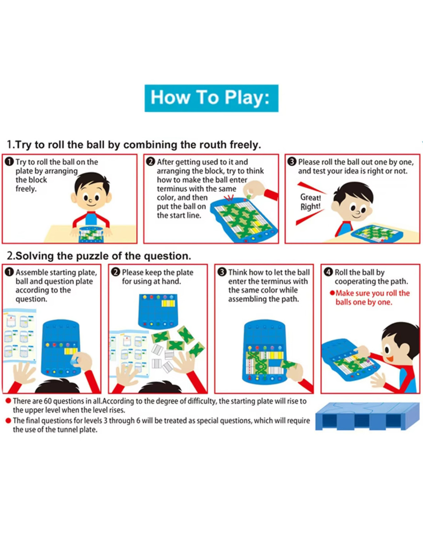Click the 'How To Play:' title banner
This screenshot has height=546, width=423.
point(211,98)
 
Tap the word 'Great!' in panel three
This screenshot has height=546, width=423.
point(310,197)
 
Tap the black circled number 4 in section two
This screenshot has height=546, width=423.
point(328,272)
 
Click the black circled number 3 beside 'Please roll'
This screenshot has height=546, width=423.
point(292,162)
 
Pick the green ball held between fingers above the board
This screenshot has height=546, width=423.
point(249,195)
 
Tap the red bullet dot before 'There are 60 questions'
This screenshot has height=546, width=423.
point(8,401)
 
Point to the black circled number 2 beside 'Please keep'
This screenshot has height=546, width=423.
point(116,272)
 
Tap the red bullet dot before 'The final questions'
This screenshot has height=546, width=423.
point(8,420)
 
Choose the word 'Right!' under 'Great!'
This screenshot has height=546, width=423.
point(310,206)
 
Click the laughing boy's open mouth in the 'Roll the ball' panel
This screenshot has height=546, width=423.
point(390,358)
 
